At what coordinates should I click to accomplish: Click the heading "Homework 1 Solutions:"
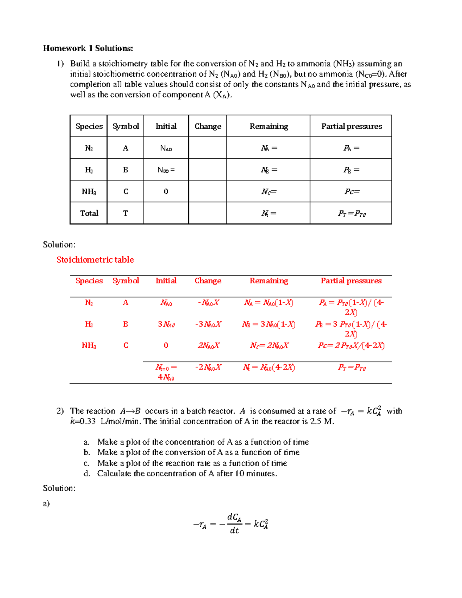click(x=88, y=48)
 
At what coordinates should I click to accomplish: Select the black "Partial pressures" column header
click(x=352, y=126)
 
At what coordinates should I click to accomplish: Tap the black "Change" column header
click(x=208, y=126)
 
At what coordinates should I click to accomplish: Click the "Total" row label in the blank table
click(x=89, y=213)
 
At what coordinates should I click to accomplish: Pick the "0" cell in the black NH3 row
click(x=166, y=191)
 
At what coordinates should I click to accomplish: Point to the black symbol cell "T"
click(x=126, y=213)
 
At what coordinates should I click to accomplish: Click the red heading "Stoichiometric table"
click(x=95, y=260)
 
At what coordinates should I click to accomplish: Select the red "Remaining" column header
click(x=269, y=281)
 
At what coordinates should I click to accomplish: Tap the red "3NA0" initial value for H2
click(x=166, y=324)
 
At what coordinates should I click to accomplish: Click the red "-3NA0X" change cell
click(x=208, y=324)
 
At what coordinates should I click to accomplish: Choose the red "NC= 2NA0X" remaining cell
click(x=269, y=345)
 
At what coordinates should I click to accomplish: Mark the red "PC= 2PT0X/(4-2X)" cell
click(x=351, y=345)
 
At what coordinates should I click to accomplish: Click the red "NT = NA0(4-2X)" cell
click(x=269, y=367)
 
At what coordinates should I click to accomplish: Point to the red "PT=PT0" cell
click(x=352, y=367)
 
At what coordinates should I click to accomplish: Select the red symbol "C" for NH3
click(x=126, y=345)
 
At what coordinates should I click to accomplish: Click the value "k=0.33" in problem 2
click(x=83, y=421)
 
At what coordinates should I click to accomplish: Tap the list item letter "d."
click(x=87, y=474)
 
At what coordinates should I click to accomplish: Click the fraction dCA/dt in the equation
click(x=234, y=524)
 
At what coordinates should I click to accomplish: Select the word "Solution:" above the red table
click(x=59, y=245)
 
